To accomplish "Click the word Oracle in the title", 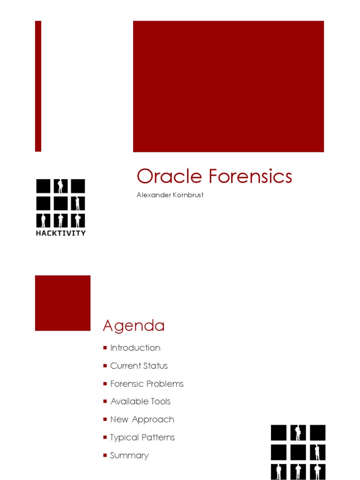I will click(x=170, y=177).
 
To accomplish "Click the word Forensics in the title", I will click(x=250, y=177).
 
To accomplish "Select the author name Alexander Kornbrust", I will click(x=170, y=195).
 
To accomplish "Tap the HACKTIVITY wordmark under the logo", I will click(x=61, y=233).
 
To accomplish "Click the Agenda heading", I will click(x=134, y=325).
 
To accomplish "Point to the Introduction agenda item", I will click(x=135, y=348).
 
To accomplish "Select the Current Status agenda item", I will click(x=139, y=366).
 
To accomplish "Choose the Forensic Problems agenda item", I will click(x=147, y=383).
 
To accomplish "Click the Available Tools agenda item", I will click(x=140, y=401).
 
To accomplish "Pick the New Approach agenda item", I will click(x=142, y=420).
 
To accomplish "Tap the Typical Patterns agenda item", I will click(x=142, y=437).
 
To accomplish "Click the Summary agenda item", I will click(x=129, y=455).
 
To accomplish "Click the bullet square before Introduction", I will click(x=105, y=348).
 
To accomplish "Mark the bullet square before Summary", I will click(x=105, y=455).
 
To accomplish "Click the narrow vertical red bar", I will click(x=38, y=86).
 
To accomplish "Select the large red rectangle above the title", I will click(x=228, y=86).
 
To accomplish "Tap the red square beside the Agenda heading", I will click(x=63, y=303).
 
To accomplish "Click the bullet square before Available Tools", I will click(x=105, y=402).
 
